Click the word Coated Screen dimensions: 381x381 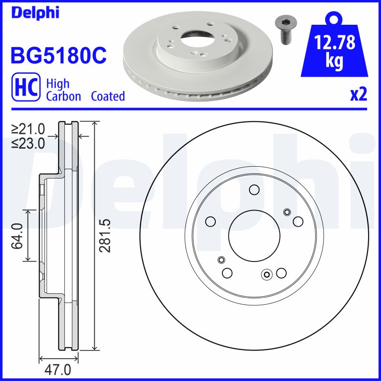click(108, 96)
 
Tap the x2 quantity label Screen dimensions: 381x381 click(358, 95)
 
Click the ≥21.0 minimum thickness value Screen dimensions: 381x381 click(29, 129)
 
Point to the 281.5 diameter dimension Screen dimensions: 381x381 click(106, 235)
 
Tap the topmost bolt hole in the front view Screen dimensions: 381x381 click(253, 190)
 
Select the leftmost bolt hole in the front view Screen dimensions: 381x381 click(210, 221)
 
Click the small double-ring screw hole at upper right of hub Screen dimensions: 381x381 click(287, 212)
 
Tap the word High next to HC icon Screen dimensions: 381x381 click(57, 84)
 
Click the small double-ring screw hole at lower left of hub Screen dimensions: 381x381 click(221, 260)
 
